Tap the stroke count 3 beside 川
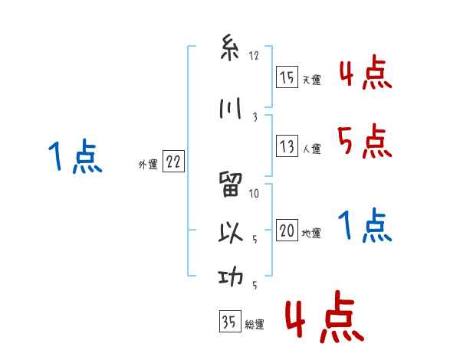point(254,116)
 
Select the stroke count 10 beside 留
point(255,193)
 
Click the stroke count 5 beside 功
point(255,286)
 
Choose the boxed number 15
point(286,77)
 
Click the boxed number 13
point(286,146)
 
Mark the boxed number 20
point(286,231)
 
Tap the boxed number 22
point(173,162)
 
